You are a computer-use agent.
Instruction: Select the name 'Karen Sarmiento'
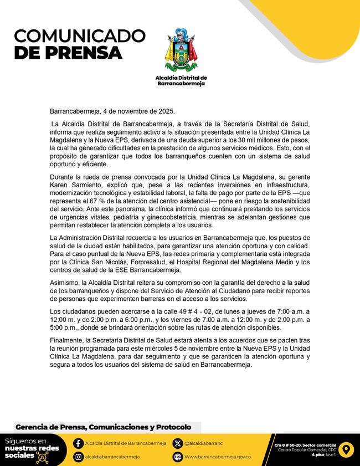(x=74, y=196)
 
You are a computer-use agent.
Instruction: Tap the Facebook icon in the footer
(x=79, y=443)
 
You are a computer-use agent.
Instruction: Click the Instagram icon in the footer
(x=79, y=457)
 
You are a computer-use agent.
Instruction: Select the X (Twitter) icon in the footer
(x=177, y=443)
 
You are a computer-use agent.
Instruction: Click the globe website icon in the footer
(x=177, y=457)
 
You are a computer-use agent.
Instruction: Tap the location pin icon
(x=345, y=449)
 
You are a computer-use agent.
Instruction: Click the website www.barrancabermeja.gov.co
(x=218, y=457)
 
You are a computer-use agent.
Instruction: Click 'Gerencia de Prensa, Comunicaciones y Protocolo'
(x=103, y=427)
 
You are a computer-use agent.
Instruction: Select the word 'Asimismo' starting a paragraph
(x=65, y=283)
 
